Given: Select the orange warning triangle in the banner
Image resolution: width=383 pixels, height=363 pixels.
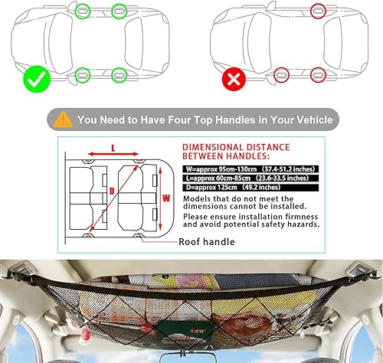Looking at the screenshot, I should tap(64, 119).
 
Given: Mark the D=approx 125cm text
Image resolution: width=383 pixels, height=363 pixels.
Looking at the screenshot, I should tap(213, 185).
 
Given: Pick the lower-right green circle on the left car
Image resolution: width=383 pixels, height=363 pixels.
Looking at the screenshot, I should tap(117, 75).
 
